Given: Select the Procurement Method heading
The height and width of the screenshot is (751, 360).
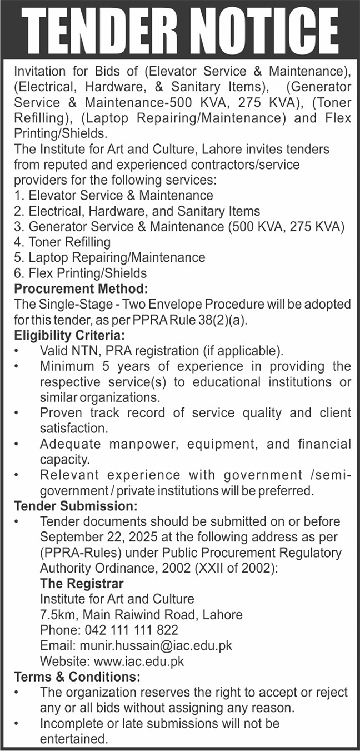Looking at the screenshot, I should coord(81,290).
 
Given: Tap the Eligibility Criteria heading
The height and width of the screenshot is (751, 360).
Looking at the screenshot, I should coord(70,336).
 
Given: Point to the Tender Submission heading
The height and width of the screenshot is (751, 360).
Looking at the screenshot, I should coord(74,506).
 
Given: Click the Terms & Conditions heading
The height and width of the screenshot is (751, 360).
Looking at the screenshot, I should coord(77,677).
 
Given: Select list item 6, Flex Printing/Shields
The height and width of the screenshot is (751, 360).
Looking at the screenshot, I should coord(81,273).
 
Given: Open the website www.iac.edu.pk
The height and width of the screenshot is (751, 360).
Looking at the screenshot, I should coord(138,662).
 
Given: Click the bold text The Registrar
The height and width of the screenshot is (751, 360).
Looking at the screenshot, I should coord(82,584).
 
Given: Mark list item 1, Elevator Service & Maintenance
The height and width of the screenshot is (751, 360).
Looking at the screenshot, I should coord(114,195).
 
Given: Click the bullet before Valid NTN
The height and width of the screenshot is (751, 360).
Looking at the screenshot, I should coord(17,351).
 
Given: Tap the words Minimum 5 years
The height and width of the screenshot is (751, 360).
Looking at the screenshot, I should coord(92,367).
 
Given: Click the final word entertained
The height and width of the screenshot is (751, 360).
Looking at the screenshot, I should coord(73,739).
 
